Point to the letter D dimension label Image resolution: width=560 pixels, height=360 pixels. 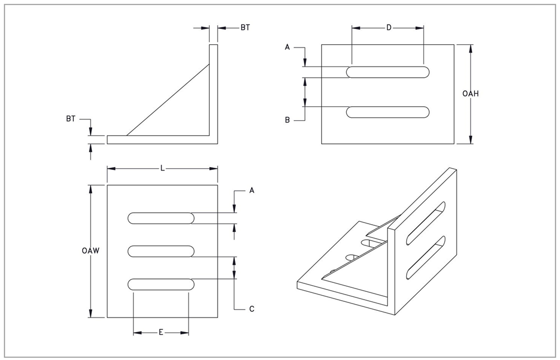coord(388,28)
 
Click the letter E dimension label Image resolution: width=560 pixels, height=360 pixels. coord(161,333)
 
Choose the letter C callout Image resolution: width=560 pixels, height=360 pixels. coord(252,309)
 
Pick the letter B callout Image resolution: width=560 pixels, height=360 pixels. coord(287,120)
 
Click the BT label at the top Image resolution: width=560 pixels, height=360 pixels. coord(245,27)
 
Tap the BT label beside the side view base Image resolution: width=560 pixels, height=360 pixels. coord(70,119)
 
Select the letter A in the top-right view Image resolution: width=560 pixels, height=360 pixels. coord(287,48)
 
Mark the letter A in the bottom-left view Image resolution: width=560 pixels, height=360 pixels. coord(252,191)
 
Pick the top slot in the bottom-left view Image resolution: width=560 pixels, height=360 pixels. coord(161,218)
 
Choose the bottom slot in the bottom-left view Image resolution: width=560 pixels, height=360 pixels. coord(161,284)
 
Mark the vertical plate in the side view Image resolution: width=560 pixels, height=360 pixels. coord(213,92)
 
